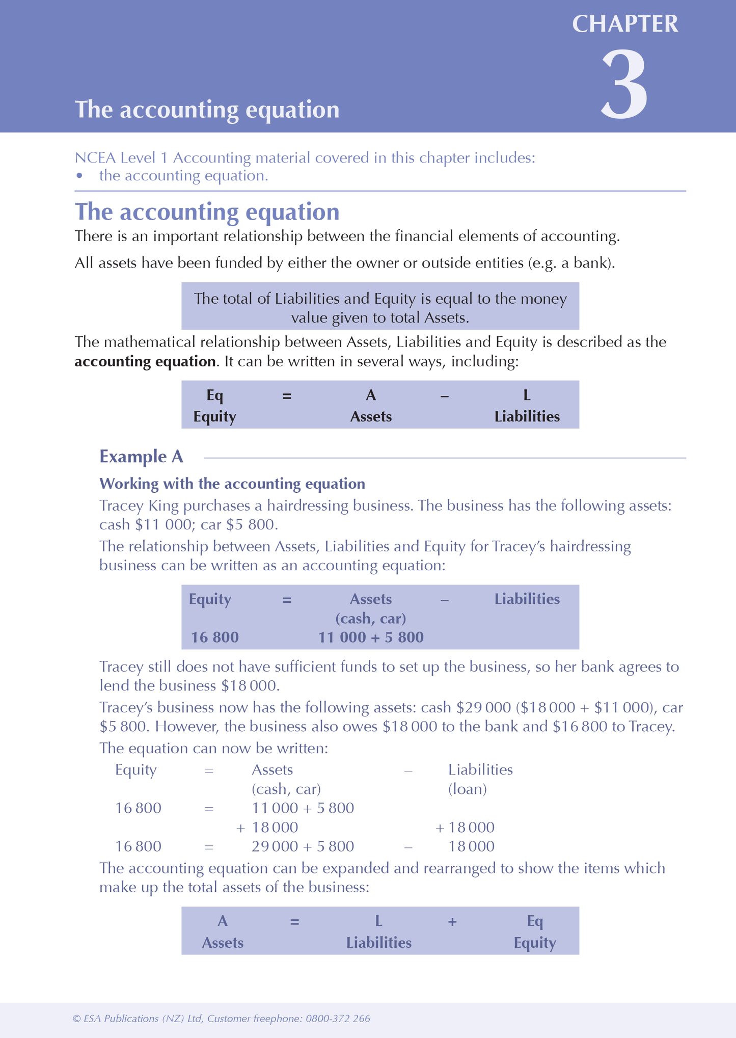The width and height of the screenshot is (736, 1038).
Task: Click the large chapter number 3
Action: [624, 84]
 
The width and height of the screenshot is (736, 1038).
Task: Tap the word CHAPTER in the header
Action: [625, 24]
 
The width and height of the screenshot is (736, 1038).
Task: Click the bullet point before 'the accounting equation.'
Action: [79, 176]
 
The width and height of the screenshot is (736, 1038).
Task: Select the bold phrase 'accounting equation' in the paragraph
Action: [145, 362]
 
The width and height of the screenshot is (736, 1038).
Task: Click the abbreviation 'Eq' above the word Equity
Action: [214, 395]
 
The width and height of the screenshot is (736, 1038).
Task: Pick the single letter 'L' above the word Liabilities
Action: [527, 395]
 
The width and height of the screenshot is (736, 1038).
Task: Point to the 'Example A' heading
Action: [141, 457]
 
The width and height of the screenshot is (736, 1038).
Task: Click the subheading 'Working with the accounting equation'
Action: [232, 484]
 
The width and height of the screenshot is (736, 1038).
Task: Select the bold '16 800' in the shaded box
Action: [214, 637]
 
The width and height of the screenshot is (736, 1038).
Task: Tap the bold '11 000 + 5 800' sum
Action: [371, 637]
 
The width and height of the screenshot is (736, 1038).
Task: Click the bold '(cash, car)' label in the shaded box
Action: [371, 619]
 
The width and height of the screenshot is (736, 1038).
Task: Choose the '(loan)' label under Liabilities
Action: [467, 789]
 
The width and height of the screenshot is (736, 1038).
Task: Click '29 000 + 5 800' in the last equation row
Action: [303, 846]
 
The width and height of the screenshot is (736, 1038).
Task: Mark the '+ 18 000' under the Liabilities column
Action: [465, 828]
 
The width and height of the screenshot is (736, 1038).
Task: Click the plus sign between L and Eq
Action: [452, 921]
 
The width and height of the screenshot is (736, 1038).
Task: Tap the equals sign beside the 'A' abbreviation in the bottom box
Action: [294, 921]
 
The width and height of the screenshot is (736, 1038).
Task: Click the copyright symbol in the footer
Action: [76, 1019]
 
